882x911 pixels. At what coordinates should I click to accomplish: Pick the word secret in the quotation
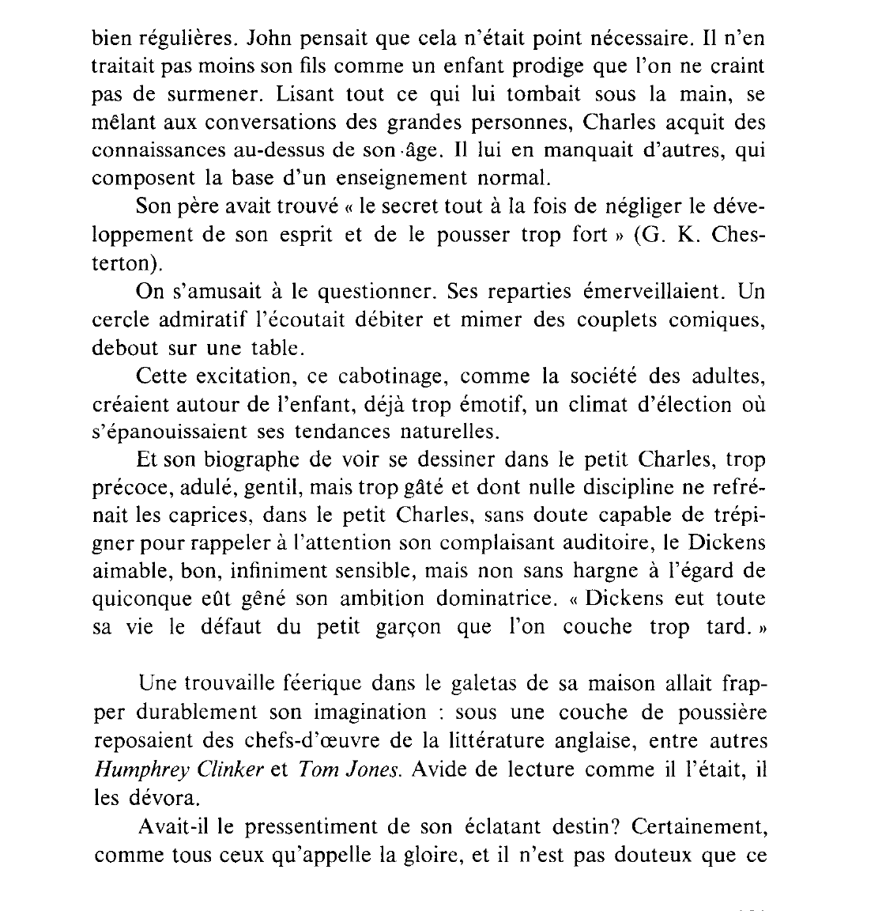click(x=392, y=206)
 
